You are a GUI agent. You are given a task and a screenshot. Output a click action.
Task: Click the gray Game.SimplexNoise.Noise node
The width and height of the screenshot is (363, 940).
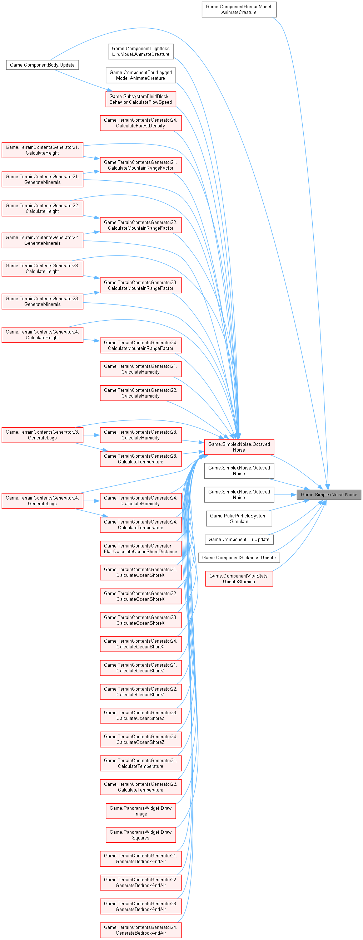[329, 495]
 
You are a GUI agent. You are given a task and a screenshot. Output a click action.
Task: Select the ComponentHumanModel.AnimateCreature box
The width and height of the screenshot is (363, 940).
[239, 10]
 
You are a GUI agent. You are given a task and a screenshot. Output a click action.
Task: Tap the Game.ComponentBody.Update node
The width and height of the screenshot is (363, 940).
[42, 65]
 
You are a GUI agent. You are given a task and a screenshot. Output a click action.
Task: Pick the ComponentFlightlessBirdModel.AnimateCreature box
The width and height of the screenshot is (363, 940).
[141, 52]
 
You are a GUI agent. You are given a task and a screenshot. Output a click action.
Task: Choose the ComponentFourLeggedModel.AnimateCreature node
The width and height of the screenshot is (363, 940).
[141, 75]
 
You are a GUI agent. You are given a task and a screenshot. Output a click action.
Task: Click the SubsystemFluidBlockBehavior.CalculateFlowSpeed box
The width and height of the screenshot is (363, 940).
[141, 99]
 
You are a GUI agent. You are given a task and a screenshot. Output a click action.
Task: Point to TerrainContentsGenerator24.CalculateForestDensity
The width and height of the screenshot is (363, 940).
[141, 123]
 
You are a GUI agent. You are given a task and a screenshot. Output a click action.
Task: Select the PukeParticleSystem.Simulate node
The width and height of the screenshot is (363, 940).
[239, 518]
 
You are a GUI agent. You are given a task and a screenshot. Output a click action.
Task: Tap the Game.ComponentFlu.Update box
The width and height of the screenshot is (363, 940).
[239, 539]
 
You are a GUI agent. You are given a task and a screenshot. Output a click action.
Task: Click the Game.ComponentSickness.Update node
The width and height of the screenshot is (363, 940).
[239, 557]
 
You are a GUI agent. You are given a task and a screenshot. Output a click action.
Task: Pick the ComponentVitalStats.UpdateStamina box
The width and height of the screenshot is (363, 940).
[239, 579]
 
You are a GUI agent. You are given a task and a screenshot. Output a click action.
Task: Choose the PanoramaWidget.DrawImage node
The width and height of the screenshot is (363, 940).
[141, 811]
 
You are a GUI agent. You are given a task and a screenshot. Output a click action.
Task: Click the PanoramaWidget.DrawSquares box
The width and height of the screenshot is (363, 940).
[141, 835]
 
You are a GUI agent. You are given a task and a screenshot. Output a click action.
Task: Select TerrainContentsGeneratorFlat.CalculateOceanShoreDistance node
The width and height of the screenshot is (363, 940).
[141, 549]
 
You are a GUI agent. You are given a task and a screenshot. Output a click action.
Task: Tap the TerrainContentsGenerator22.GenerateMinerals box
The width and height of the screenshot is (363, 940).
[42, 240]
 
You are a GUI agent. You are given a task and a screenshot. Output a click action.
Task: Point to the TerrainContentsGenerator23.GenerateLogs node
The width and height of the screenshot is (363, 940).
[42, 435]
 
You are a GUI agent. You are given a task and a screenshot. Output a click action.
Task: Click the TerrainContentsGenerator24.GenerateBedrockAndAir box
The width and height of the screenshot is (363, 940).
[141, 930]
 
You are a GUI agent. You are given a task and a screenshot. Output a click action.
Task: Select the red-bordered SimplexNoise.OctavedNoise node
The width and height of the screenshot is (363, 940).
[239, 447]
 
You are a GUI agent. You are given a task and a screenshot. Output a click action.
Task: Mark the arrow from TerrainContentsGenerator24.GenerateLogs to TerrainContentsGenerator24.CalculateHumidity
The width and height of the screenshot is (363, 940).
[91, 501]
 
